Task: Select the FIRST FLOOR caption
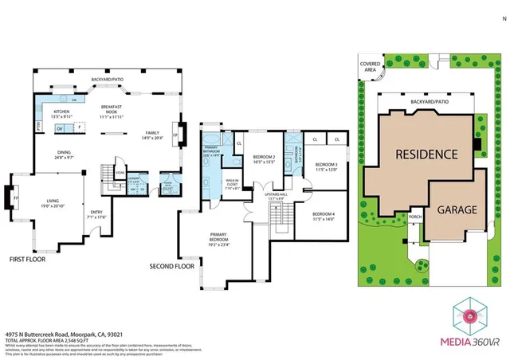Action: (27, 259)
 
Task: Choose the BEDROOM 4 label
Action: (324, 215)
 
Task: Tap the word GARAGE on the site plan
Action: (456, 210)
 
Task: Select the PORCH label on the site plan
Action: (414, 216)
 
